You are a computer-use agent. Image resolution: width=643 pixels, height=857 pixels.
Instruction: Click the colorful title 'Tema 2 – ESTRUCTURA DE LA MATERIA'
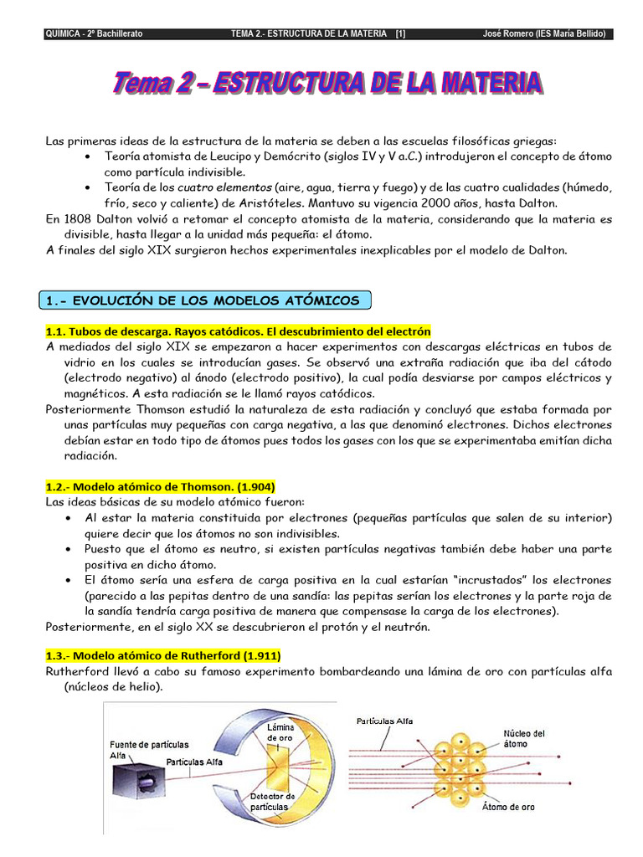click(327, 84)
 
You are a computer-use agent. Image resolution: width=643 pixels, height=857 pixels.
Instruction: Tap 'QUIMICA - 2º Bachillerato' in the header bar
click(93, 33)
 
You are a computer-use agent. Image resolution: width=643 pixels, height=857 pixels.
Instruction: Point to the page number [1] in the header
click(401, 33)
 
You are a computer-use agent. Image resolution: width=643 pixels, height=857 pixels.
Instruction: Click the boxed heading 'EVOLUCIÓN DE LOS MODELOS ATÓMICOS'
click(205, 300)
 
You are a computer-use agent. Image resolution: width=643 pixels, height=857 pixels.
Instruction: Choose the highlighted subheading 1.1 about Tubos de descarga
click(238, 331)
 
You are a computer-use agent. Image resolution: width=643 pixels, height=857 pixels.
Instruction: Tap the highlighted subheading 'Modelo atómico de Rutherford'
click(163, 655)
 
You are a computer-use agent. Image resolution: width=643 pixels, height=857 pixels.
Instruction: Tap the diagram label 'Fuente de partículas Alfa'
click(149, 749)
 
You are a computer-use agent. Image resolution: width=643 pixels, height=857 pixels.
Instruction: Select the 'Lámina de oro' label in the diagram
click(280, 732)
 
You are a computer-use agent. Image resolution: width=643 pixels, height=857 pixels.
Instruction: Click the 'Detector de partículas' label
click(272, 801)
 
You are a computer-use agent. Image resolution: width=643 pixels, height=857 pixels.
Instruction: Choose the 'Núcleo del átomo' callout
click(525, 739)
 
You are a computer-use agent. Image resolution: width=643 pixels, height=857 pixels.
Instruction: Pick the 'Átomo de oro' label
click(508, 808)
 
